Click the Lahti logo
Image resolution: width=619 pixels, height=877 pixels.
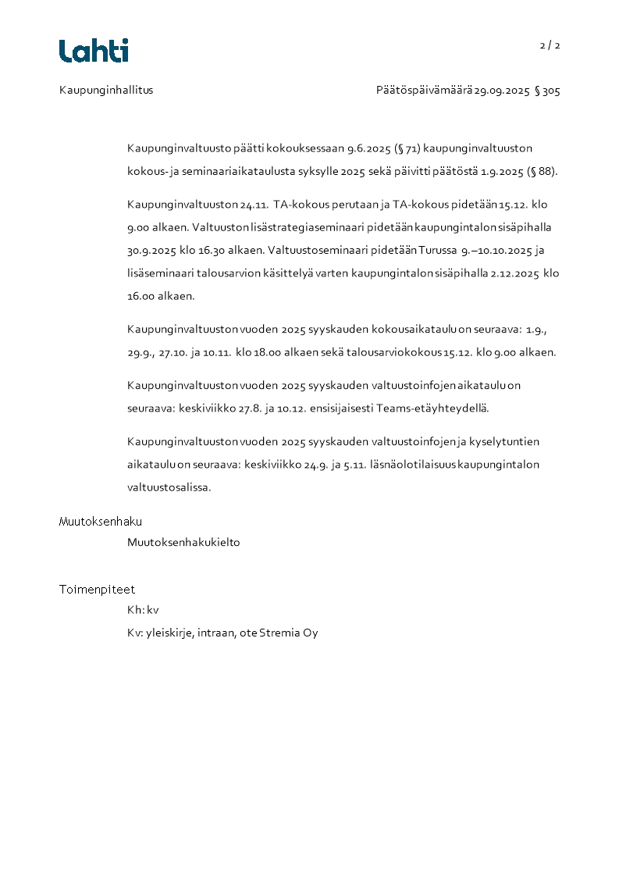94,51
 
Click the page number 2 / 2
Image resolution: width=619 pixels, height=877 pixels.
550,45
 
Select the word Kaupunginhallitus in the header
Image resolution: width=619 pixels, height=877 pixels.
106,90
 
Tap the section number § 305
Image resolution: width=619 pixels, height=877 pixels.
547,91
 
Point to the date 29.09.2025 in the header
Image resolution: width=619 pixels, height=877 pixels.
502,91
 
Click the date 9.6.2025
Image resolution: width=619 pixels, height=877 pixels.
369,148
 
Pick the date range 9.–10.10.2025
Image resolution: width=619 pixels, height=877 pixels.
497,251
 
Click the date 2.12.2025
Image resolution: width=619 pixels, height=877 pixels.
515,273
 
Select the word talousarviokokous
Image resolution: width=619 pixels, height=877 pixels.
397,352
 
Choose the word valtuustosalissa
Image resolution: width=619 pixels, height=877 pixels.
169,487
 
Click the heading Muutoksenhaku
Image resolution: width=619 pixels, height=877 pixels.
101,522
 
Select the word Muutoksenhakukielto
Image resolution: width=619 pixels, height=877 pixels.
183,542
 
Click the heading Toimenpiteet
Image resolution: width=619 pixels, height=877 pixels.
97,590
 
